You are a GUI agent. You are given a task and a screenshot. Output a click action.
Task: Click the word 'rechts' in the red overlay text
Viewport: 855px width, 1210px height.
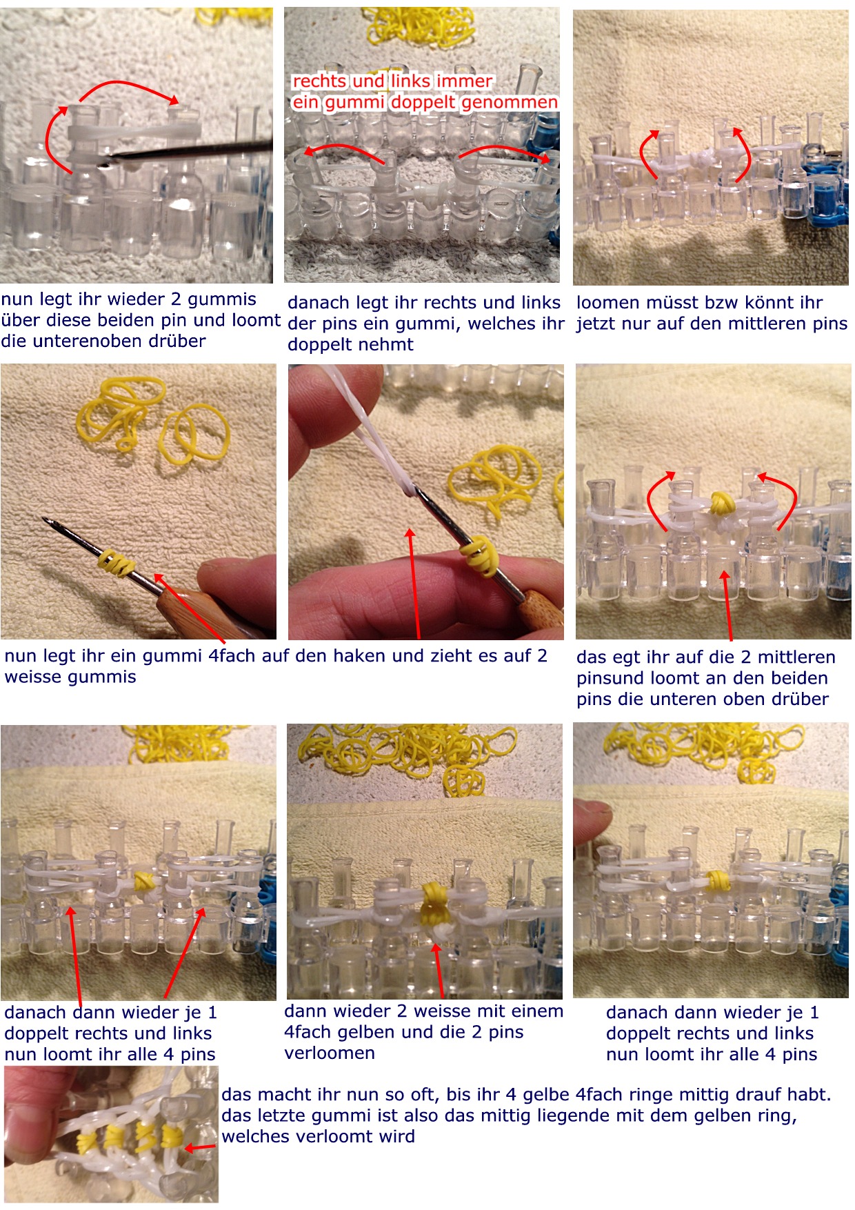(319, 81)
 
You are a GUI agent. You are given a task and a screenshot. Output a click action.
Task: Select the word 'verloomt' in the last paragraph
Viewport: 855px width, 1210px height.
(376, 1137)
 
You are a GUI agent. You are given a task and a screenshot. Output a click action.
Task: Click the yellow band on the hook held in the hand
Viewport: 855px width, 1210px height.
(480, 556)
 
